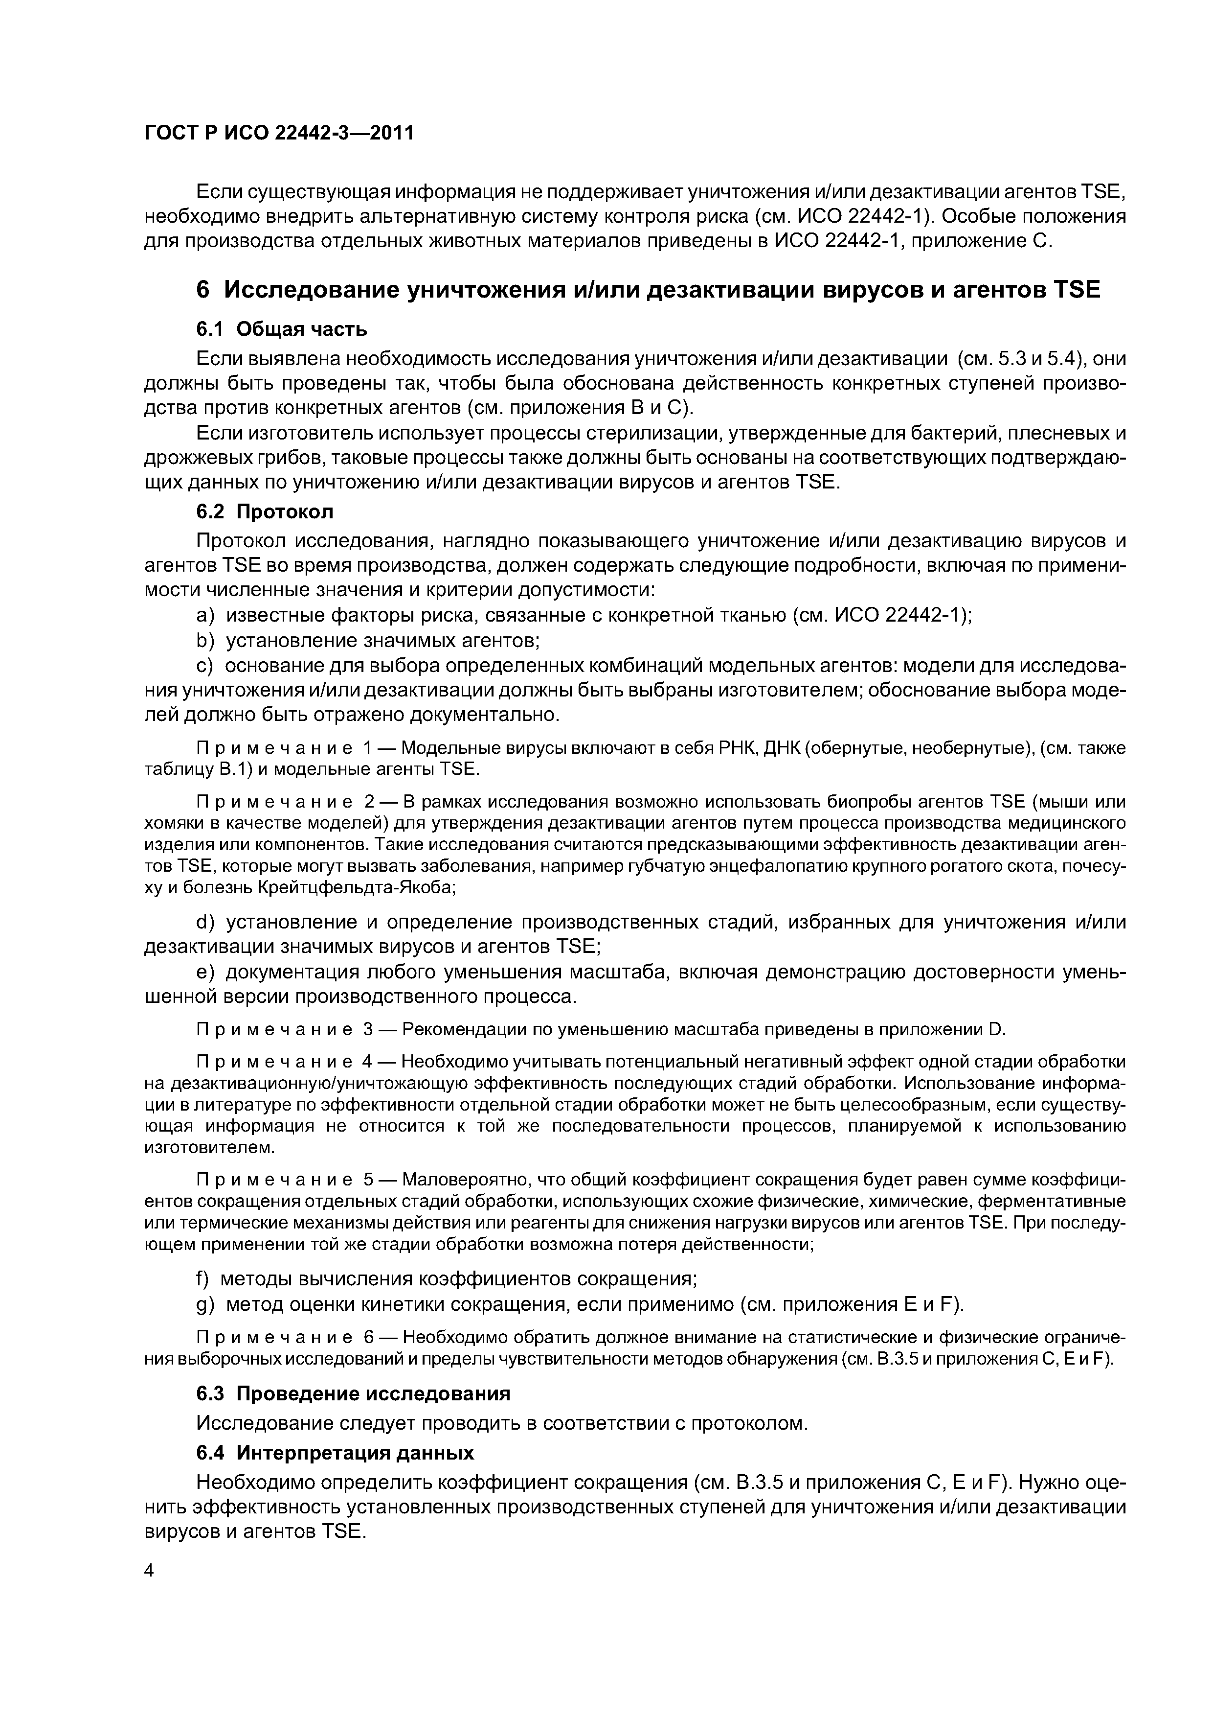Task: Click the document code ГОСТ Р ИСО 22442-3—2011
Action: [x=278, y=133]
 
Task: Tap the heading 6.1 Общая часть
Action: [x=281, y=329]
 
